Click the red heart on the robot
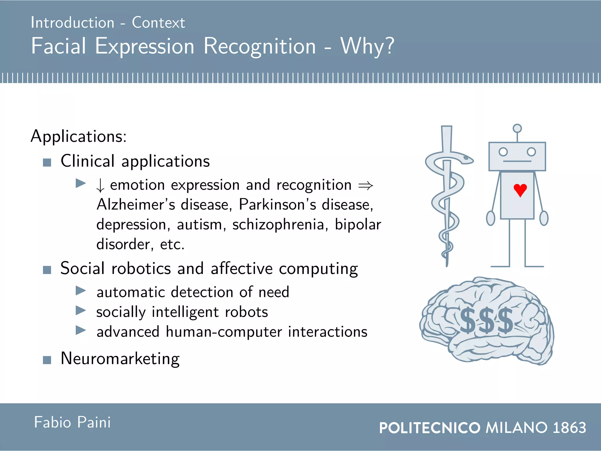[520, 190]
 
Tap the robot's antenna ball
[517, 128]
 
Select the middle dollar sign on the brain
[488, 321]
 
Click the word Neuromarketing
[120, 359]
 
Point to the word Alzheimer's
[136, 204]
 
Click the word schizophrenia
[278, 225]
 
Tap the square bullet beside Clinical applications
[47, 162]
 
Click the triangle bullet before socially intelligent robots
[80, 310]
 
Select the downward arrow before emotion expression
[100, 186]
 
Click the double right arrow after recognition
[366, 186]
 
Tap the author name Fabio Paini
[72, 422]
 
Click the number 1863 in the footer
[569, 428]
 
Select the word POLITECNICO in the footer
[430, 428]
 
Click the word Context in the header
[158, 23]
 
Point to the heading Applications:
[79, 137]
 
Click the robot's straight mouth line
[517, 161]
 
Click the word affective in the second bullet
[242, 269]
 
